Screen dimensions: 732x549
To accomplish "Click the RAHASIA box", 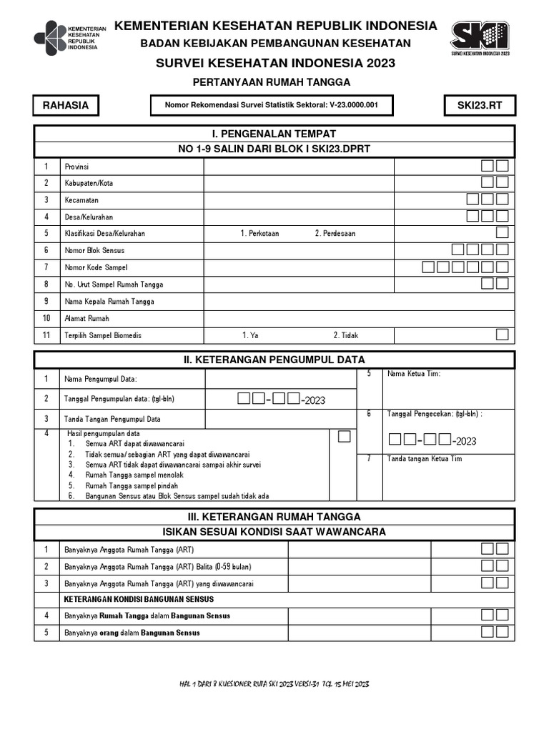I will point(66,106).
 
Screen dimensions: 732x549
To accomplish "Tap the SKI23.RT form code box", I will point(480,106).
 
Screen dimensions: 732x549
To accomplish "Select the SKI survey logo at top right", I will point(480,38).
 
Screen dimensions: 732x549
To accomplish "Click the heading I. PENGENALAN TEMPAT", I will point(274,134).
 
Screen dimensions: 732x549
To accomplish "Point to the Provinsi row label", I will point(76,166).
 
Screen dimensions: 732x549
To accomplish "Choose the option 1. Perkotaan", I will point(259,233).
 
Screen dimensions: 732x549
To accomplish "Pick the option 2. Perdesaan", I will point(335,233).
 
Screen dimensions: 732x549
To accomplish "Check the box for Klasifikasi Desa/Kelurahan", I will point(503,232).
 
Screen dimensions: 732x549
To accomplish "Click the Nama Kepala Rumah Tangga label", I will point(109,302).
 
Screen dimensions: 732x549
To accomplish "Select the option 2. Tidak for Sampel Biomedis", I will point(345,335).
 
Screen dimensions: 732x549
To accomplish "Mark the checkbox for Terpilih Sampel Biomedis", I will point(503,335).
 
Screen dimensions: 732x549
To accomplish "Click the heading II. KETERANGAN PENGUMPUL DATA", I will point(274,359).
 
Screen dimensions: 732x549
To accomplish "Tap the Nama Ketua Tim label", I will point(414,374).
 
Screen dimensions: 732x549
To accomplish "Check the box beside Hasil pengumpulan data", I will point(345,436).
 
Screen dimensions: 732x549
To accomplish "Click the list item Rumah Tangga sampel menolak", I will point(134,475).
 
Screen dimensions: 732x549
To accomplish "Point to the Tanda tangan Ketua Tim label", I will point(425,459).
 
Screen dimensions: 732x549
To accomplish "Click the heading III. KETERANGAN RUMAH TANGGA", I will point(274,516).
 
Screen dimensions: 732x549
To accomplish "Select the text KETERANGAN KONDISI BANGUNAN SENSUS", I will point(139,599).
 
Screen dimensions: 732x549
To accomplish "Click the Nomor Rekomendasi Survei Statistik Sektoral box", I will point(272,106).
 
